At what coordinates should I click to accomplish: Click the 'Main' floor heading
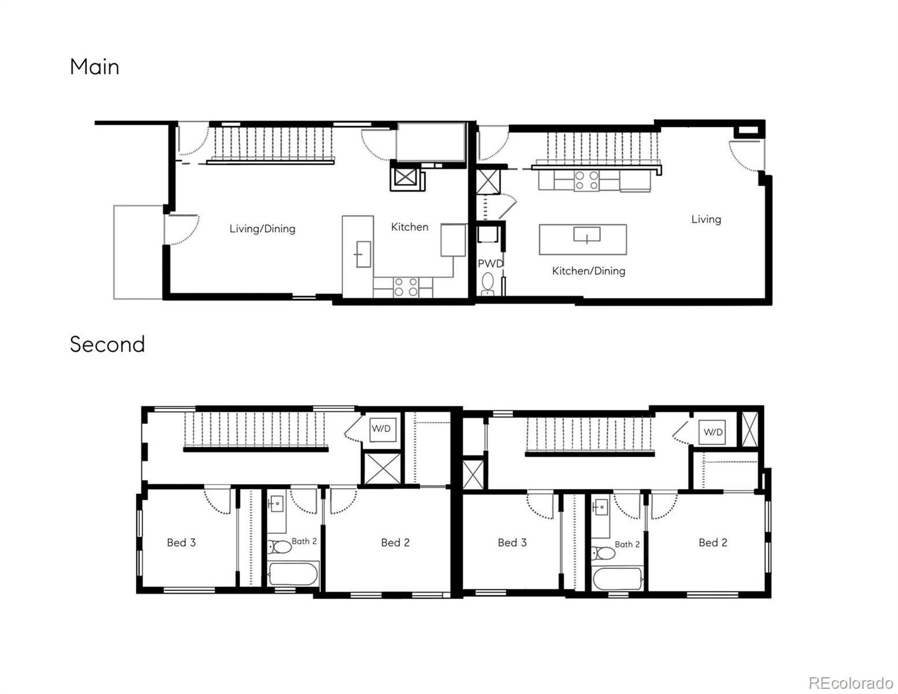click(94, 67)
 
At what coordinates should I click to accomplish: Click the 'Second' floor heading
click(107, 344)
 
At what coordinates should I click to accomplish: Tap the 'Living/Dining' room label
click(262, 228)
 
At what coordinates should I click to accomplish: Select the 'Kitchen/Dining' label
click(588, 271)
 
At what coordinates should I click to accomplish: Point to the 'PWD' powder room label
click(490, 264)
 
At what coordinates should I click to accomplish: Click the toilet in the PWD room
click(489, 283)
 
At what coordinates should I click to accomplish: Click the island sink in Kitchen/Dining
click(586, 234)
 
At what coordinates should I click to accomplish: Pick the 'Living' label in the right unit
click(706, 219)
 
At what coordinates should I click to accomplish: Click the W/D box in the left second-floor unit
click(381, 429)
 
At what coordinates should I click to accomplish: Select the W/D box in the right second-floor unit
click(713, 432)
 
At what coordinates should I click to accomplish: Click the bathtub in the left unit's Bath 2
click(293, 575)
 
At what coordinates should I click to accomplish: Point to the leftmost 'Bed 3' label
click(181, 542)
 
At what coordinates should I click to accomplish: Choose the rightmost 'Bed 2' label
click(713, 542)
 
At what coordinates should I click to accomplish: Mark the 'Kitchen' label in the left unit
click(409, 227)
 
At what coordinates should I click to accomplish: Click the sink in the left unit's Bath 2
click(276, 504)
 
